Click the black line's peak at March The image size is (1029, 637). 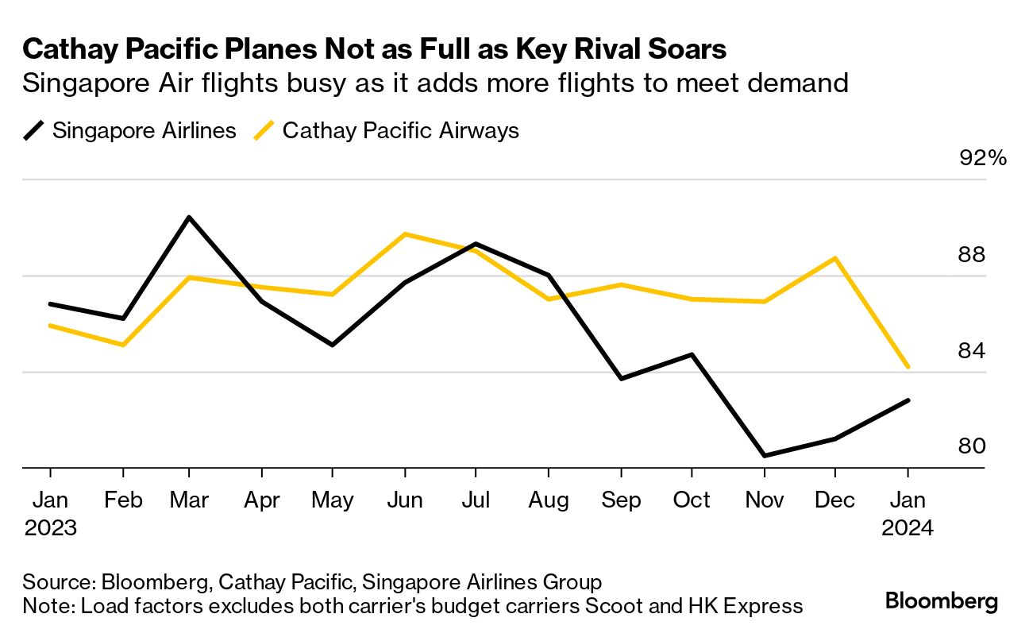pyautogui.click(x=188, y=217)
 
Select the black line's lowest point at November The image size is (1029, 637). pyautogui.click(x=764, y=456)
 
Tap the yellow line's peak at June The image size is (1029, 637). pyautogui.click(x=405, y=234)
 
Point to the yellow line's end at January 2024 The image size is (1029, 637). pyautogui.click(x=908, y=368)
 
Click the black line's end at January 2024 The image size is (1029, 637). pyautogui.click(x=908, y=400)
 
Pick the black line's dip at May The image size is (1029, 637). pyautogui.click(x=333, y=345)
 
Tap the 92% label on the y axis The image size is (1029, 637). pyautogui.click(x=983, y=158)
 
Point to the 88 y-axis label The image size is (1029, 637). pyautogui.click(x=972, y=255)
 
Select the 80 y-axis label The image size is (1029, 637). pyautogui.click(x=972, y=446)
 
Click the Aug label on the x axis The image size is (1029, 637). pyautogui.click(x=549, y=500)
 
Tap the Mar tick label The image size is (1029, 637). pyautogui.click(x=188, y=500)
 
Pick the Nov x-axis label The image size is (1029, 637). pyautogui.click(x=764, y=500)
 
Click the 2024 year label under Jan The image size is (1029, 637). pyautogui.click(x=908, y=528)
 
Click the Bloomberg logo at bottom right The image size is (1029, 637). pyautogui.click(x=942, y=601)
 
